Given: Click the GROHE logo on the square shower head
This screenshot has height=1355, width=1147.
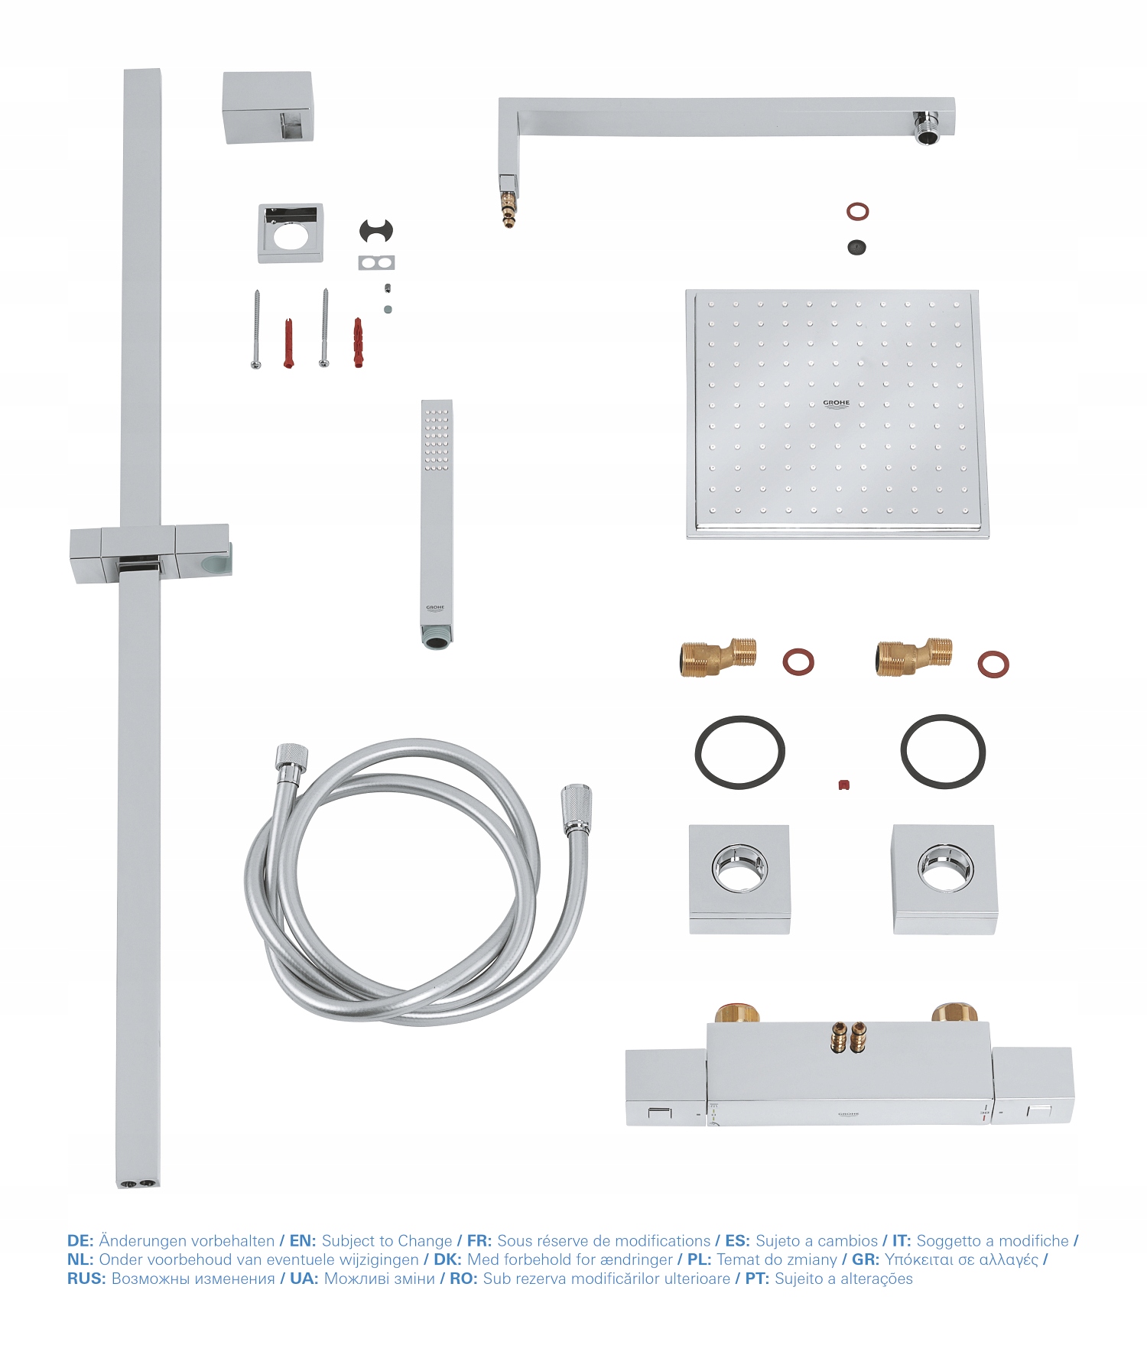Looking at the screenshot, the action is point(836,403).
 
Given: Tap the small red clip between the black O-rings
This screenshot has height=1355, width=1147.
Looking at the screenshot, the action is point(843,785).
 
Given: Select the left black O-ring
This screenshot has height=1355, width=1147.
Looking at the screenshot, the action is point(739,752).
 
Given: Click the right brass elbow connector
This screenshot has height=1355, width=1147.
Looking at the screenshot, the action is point(913,657).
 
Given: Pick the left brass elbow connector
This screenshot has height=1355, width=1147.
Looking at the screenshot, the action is point(717,657).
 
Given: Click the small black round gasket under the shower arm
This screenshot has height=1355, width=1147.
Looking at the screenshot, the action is point(857,247).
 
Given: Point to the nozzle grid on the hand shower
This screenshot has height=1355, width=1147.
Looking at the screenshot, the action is point(437,440).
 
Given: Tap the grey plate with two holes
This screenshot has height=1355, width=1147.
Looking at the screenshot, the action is point(376,263).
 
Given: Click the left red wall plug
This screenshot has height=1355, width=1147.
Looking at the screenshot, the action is point(288,343).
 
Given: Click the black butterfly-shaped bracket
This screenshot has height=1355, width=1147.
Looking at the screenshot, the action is point(376,229).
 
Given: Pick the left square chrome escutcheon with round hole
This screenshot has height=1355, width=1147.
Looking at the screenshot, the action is point(739,879).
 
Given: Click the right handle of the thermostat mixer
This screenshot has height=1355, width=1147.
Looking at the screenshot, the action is point(1032,1086).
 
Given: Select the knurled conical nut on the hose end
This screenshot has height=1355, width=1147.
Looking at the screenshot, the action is point(575,807).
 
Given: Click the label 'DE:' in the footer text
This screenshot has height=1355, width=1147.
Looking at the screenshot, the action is point(80,1240).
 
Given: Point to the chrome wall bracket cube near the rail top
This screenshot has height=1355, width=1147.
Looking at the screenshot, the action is point(268,107).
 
